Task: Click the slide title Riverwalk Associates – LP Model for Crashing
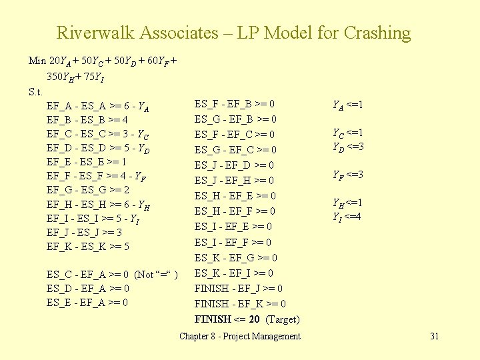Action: coord(233,33)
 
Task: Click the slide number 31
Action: coord(434,336)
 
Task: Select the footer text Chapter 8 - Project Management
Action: coord(240,336)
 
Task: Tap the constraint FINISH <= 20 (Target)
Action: coord(247,319)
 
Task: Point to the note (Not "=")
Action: coord(156,274)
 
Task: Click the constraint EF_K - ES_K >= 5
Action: coord(88,247)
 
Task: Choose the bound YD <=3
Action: coord(347,147)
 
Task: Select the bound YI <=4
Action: coord(347,216)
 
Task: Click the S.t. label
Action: coord(36,91)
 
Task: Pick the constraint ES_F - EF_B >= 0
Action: coord(235,104)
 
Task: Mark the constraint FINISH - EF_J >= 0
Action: coord(238,289)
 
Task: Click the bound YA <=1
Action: coord(347,104)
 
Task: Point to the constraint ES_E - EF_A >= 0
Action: coord(88,303)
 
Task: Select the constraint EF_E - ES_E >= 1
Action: coord(87,161)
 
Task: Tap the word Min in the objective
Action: coord(37,61)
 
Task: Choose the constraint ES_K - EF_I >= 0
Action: coord(234,273)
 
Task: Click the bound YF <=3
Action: coord(347,175)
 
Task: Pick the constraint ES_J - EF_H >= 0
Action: coord(235,181)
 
